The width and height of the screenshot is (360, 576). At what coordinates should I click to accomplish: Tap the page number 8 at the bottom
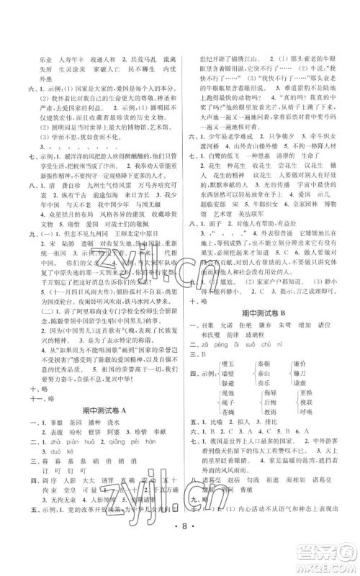180,556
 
